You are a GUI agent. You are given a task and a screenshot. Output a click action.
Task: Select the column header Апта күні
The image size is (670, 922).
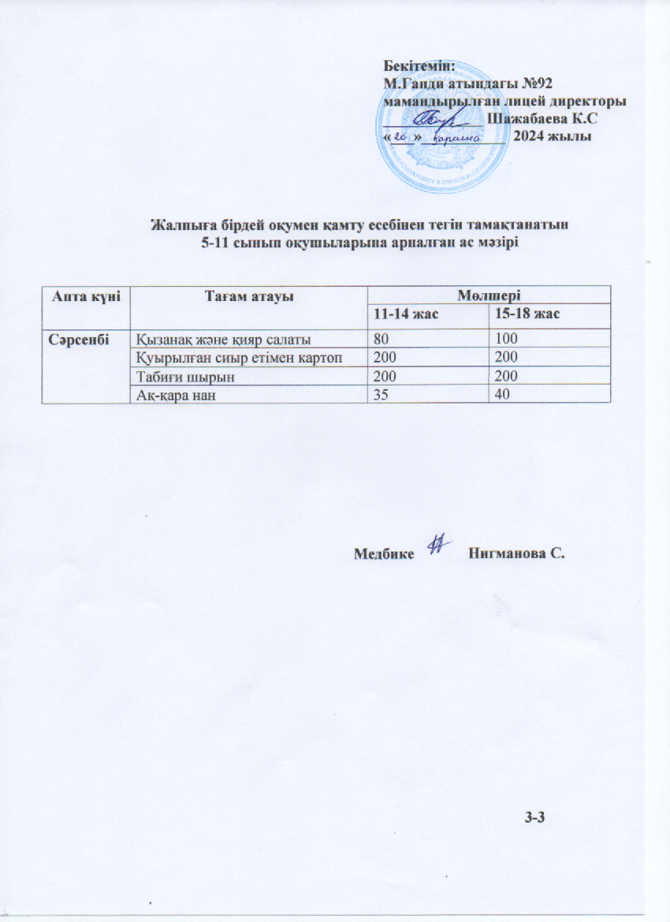[x=84, y=295]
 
